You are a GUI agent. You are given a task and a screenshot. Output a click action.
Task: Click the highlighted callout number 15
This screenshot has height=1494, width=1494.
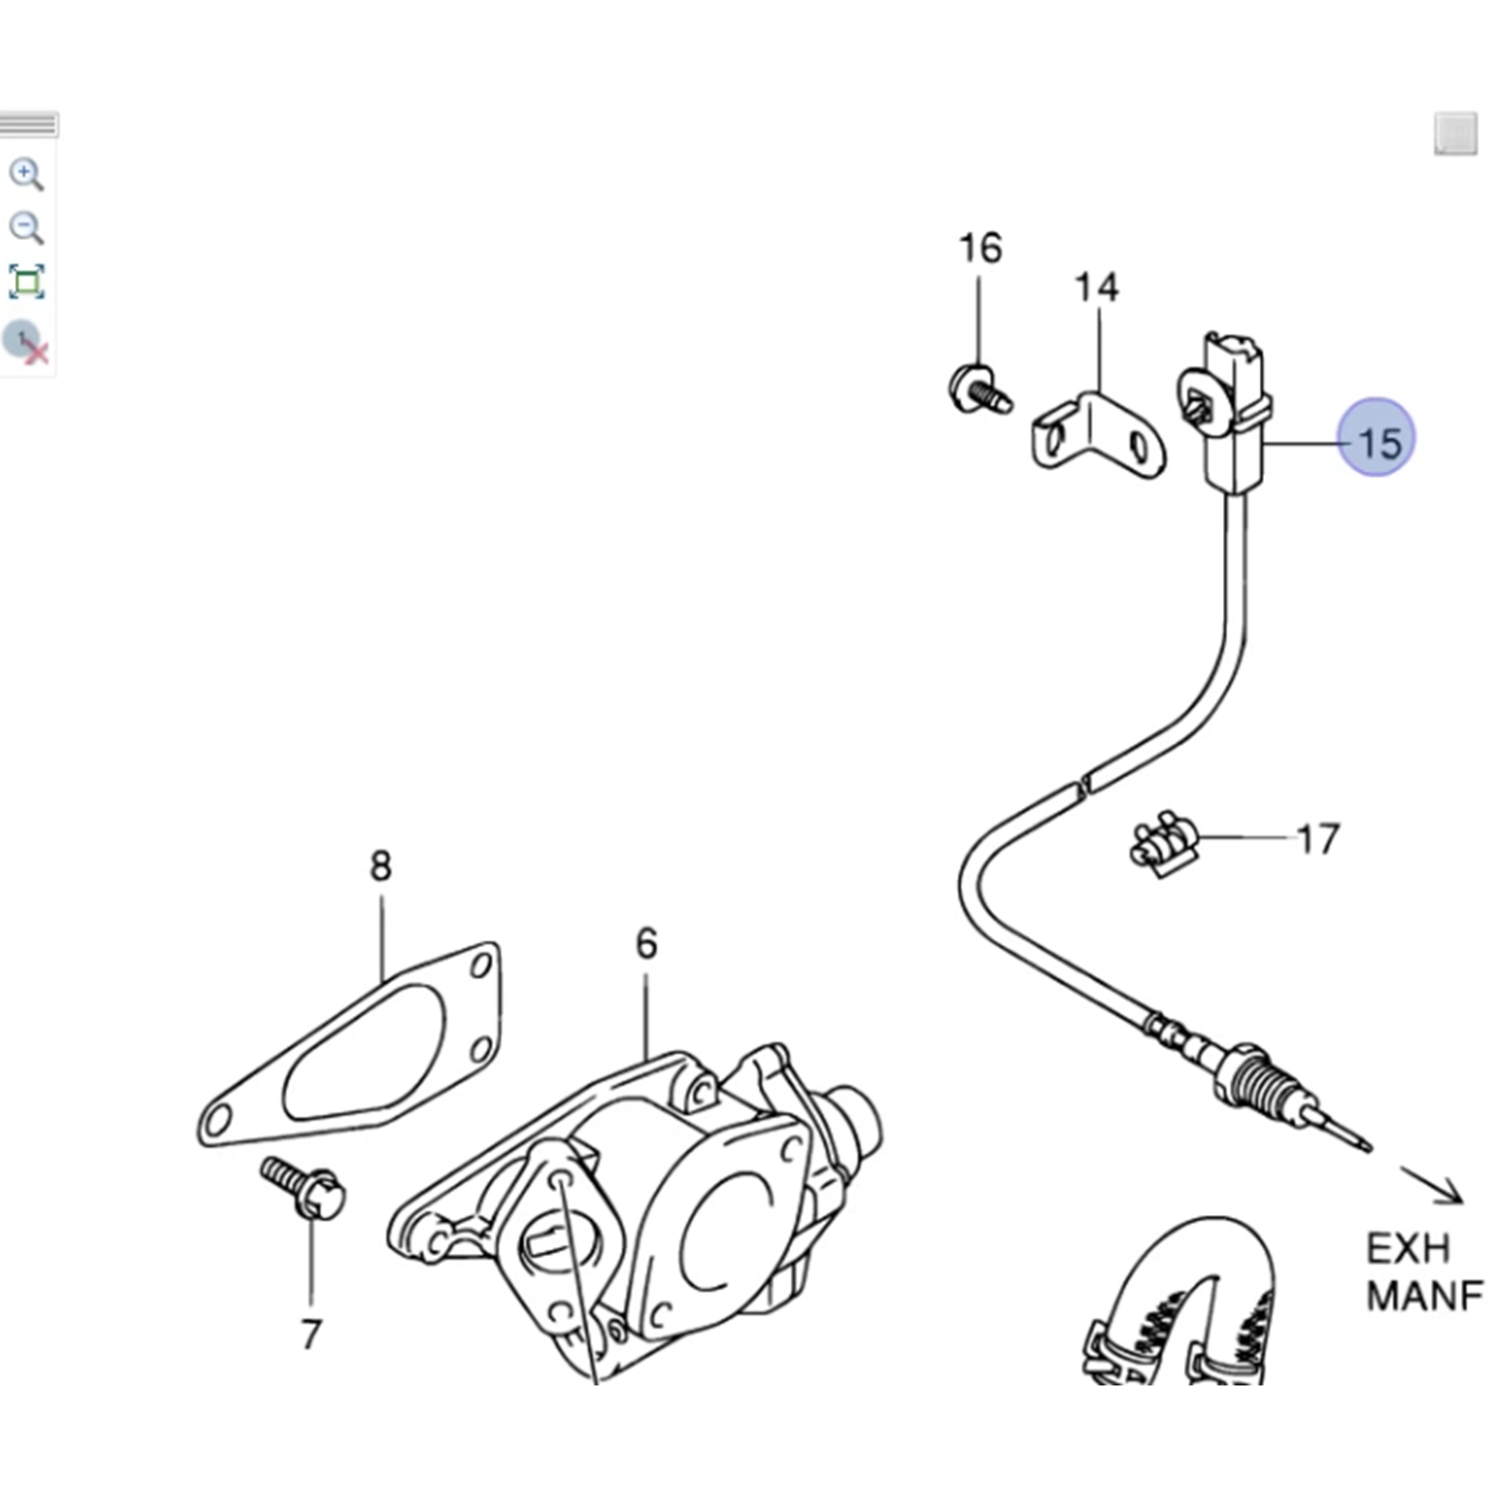point(1377,438)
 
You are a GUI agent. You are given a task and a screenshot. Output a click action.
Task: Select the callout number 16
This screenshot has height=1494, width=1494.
point(979,248)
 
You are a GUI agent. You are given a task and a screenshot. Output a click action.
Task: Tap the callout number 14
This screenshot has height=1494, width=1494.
point(1096,288)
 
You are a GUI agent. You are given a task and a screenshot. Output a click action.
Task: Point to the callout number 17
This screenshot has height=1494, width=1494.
point(1318,840)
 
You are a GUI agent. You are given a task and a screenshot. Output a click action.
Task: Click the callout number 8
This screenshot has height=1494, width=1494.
point(380,867)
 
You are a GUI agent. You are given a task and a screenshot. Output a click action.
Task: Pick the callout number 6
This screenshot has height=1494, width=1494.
point(646,943)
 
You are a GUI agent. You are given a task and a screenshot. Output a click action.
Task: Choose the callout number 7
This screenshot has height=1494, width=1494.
point(312,1334)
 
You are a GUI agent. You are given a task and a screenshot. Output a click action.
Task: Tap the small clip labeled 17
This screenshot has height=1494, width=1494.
point(1162,844)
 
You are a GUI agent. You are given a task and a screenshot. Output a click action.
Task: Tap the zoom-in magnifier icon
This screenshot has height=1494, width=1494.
point(27,174)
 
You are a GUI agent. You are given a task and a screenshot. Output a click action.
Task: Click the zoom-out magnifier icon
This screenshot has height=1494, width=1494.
point(27,228)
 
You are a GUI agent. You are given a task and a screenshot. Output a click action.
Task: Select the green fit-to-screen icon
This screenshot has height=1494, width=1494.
point(27,282)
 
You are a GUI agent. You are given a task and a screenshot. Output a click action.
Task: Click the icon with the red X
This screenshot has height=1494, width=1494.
point(27,343)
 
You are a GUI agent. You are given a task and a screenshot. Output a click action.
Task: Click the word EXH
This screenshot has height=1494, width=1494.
point(1407,1249)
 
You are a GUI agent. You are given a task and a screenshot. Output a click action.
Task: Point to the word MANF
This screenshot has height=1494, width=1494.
point(1424,1296)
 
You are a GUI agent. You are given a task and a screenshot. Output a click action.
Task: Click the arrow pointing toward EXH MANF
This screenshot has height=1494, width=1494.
point(1432,1185)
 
